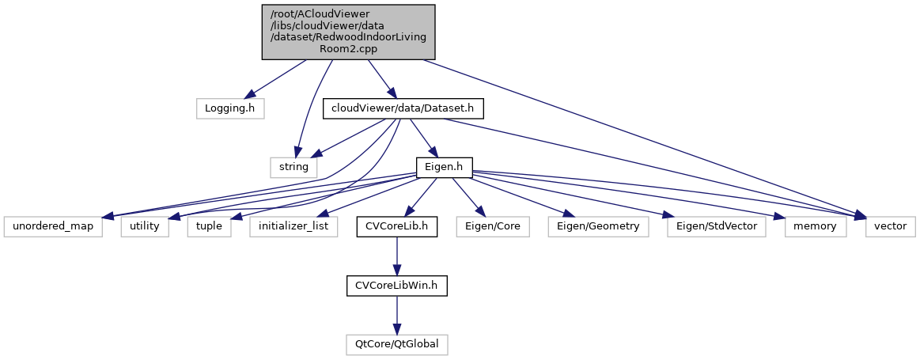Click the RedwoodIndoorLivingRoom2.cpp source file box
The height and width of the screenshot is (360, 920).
(348, 31)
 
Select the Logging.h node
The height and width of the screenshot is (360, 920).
(229, 108)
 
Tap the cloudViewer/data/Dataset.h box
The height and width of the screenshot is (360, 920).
(402, 108)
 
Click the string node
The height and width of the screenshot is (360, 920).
(294, 168)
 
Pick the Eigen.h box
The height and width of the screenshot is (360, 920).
(445, 168)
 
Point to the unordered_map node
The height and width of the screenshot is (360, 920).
(52, 227)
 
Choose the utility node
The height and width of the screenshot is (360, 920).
(144, 227)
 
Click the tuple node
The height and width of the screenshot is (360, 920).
(210, 227)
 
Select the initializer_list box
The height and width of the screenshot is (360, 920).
(293, 227)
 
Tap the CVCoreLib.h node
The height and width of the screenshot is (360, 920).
(396, 227)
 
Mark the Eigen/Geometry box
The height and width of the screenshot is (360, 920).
(598, 227)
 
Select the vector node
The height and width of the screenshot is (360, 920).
(888, 227)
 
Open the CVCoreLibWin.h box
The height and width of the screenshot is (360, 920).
(396, 286)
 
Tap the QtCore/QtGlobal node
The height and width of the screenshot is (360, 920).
(396, 345)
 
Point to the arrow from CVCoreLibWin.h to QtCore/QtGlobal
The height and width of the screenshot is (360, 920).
(396, 315)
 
